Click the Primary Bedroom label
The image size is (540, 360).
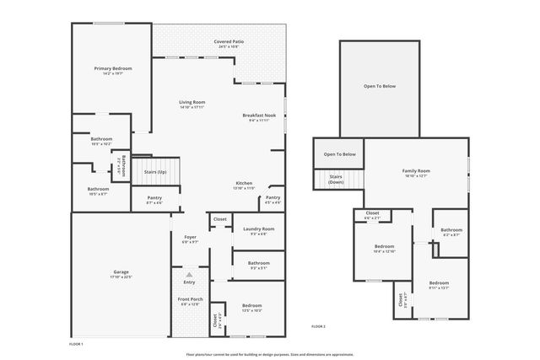[x=113, y=68]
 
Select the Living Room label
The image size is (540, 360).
[x=192, y=102]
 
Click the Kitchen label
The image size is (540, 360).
[x=245, y=183]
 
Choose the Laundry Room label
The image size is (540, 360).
[x=258, y=228]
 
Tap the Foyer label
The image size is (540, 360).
[x=190, y=237]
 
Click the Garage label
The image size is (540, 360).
[x=121, y=271]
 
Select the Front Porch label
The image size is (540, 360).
[x=189, y=299]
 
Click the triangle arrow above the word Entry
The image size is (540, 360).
[x=190, y=275]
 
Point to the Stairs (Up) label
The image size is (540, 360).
[x=155, y=171]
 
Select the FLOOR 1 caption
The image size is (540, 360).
[x=76, y=344]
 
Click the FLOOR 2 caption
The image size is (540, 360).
[x=318, y=326]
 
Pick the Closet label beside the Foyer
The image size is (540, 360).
[x=219, y=219]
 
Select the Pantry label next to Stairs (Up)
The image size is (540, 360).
[x=154, y=198]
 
